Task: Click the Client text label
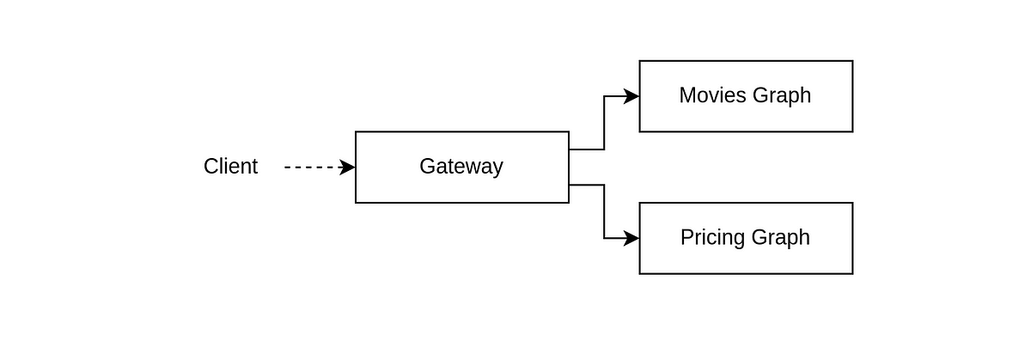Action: (x=230, y=166)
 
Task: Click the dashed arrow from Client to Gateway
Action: (x=320, y=167)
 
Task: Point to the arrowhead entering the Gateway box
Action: (x=347, y=167)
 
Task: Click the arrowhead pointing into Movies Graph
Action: (x=631, y=96)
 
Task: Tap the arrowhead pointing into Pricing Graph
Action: (x=631, y=239)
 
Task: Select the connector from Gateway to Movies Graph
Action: (x=604, y=123)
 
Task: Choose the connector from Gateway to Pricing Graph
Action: (x=604, y=211)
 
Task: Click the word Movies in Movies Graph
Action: (x=713, y=95)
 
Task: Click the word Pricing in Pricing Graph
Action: (x=713, y=238)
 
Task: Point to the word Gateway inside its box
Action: (x=461, y=167)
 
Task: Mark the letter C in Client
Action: (x=210, y=166)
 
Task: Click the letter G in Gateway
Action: (x=427, y=166)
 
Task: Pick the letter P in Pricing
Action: (x=687, y=237)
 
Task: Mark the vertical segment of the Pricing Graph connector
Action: (x=604, y=211)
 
